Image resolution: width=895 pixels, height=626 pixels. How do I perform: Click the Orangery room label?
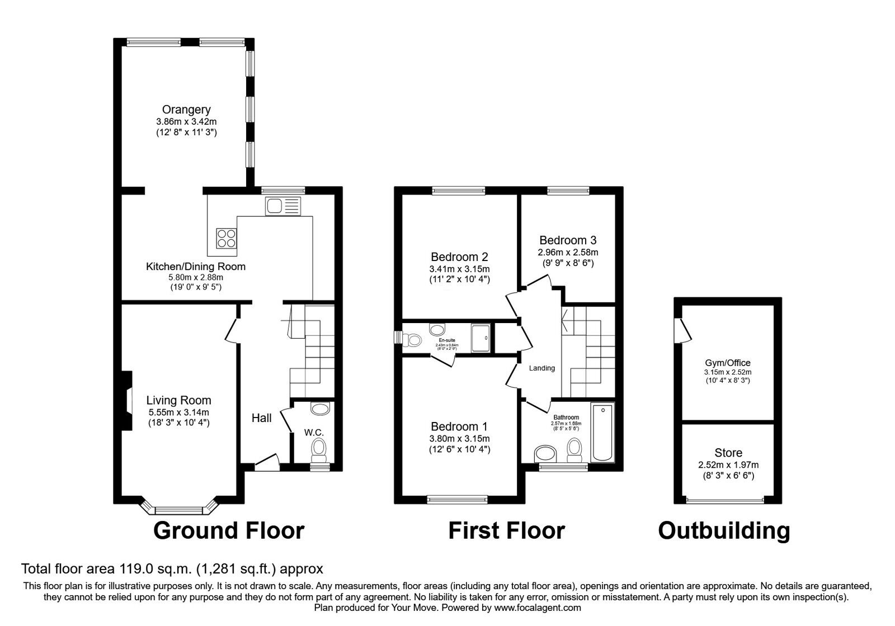click(x=186, y=110)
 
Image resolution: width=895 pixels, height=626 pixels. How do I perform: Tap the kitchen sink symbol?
click(x=283, y=206)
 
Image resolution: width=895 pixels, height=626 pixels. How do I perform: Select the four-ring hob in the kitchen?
click(x=227, y=239)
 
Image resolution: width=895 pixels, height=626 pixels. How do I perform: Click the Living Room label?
click(x=178, y=400)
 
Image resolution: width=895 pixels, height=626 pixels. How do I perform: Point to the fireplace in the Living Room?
click(x=128, y=401)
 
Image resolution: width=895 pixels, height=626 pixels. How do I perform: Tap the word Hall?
click(x=261, y=418)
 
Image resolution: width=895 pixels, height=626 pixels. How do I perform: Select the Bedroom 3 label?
click(x=567, y=240)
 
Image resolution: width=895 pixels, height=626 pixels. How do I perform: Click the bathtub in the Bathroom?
click(x=602, y=433)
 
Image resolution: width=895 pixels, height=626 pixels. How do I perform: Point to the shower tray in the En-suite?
click(x=481, y=338)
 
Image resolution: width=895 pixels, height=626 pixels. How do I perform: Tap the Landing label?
click(x=541, y=368)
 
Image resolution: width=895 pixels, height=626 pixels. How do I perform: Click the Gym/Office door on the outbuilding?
click(x=683, y=329)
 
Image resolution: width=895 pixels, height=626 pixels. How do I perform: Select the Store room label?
click(x=728, y=453)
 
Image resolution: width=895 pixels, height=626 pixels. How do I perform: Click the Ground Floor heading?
click(x=229, y=530)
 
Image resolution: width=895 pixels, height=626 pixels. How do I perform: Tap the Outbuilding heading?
click(x=724, y=530)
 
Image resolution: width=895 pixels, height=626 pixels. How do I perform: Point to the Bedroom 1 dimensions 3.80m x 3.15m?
click(x=459, y=439)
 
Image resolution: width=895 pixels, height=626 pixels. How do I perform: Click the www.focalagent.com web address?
click(x=537, y=608)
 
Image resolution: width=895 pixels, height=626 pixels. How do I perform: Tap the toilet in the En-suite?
click(x=414, y=339)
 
